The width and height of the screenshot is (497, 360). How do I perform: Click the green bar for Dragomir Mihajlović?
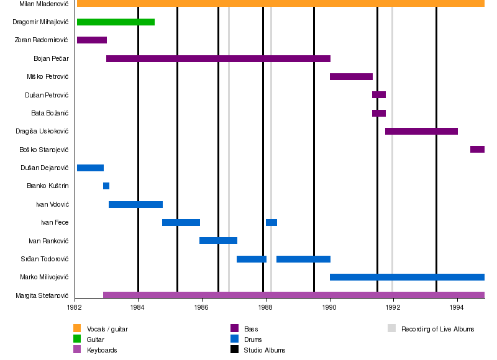[116, 22]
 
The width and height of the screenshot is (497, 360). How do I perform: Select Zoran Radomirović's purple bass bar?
[91, 40]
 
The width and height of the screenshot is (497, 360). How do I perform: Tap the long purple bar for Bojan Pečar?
[217, 59]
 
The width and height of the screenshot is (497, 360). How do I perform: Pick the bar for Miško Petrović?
[351, 77]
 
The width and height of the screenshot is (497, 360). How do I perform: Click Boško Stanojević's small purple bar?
[477, 150]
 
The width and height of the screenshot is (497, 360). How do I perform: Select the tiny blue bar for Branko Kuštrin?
[106, 186]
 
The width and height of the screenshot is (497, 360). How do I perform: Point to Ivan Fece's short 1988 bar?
[271, 223]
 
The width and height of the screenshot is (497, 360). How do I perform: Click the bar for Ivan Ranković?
[218, 241]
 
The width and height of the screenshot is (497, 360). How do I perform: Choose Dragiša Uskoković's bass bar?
[421, 132]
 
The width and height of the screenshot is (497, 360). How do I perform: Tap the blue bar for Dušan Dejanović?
[90, 168]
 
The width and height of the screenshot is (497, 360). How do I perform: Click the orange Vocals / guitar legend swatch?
[77, 328]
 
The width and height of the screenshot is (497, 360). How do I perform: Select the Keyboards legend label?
[102, 351]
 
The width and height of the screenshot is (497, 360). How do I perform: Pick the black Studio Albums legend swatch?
[234, 350]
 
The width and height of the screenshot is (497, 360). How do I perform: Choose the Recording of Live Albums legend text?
[437, 329]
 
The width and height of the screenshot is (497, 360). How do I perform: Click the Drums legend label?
[253, 340]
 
